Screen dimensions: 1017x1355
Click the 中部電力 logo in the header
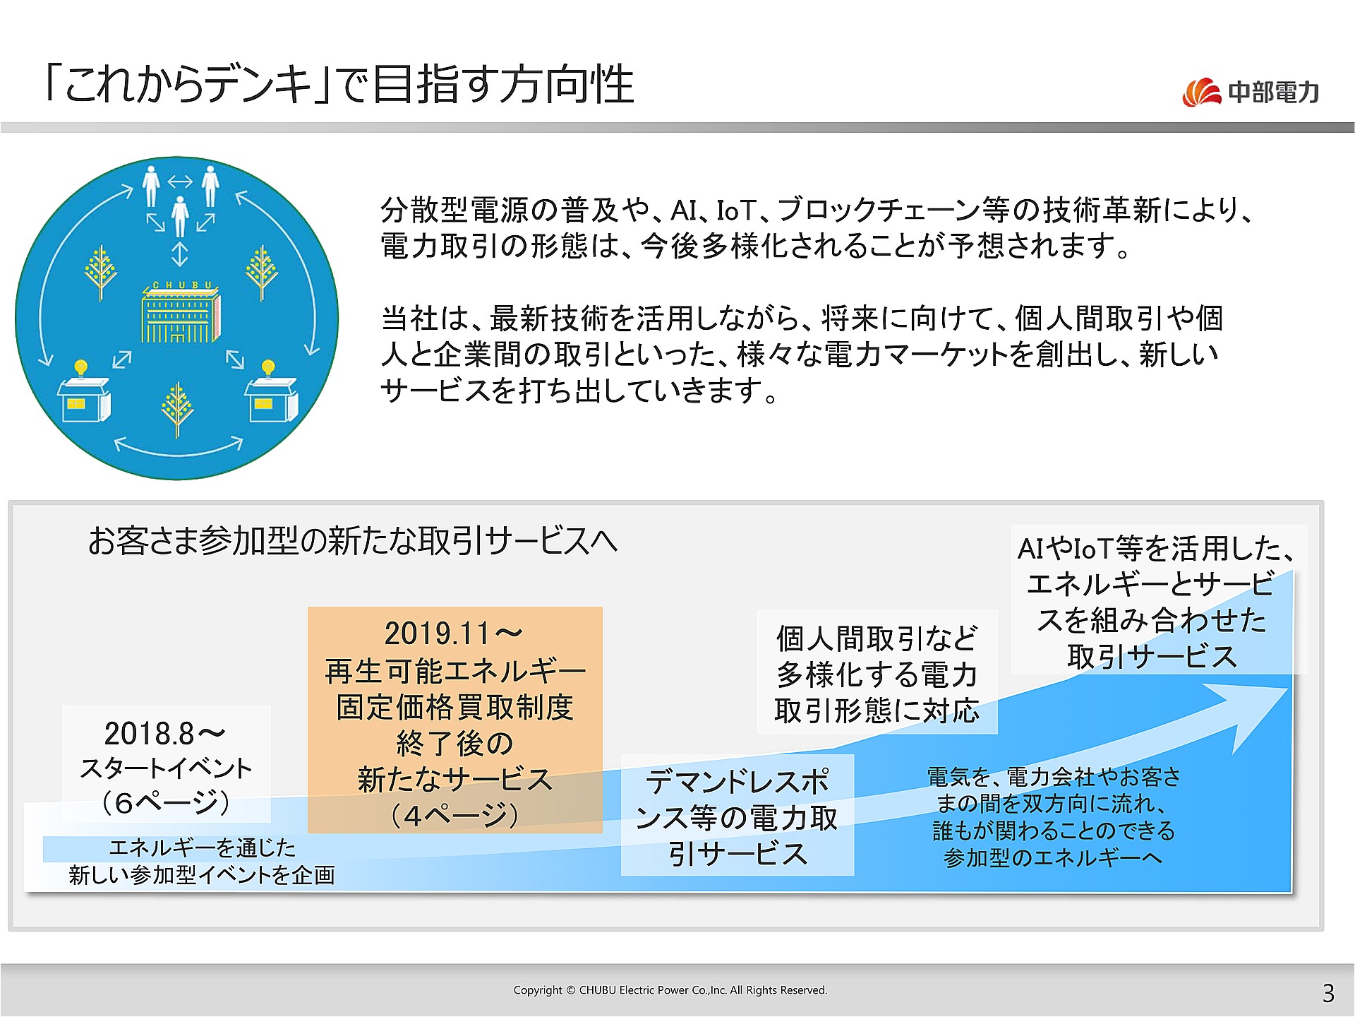1251,92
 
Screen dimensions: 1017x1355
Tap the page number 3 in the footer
1328,993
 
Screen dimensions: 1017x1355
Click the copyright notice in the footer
670,990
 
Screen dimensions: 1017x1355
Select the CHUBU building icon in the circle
181,313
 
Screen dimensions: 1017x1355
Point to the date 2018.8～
164,734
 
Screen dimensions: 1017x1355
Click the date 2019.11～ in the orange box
454,634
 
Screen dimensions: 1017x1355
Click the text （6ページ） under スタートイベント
166,803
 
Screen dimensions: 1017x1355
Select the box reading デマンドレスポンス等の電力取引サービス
737,816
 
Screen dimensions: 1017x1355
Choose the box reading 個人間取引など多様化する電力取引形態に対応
877,674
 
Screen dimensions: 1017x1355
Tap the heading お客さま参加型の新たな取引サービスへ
353,542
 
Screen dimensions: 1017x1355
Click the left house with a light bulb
83,395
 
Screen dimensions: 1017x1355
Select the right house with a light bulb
271,395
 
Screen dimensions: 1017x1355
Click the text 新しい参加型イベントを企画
202,876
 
